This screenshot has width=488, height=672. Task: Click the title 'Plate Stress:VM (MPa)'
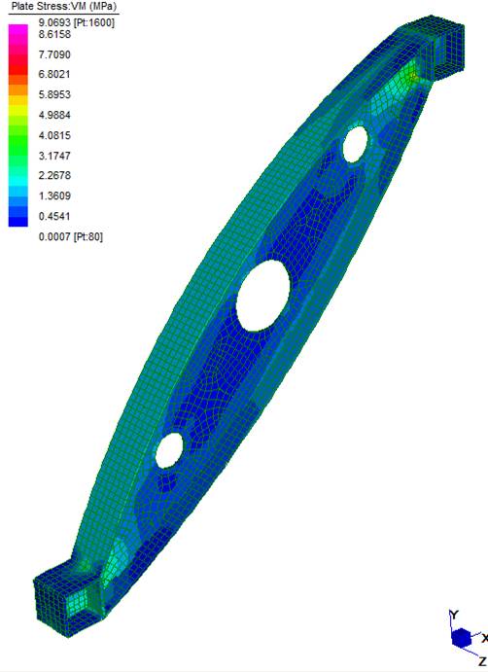point(64,7)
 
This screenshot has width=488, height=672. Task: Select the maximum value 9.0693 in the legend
point(54,22)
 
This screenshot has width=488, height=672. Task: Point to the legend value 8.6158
point(54,34)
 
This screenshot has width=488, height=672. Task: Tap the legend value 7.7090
point(54,54)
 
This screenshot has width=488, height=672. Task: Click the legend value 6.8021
point(54,74)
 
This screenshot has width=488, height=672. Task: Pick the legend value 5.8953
point(54,94)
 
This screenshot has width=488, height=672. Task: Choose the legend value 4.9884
point(54,115)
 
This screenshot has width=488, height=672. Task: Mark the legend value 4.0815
point(54,135)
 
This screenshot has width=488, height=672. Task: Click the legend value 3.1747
point(54,156)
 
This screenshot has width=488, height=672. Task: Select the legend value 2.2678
point(54,175)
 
